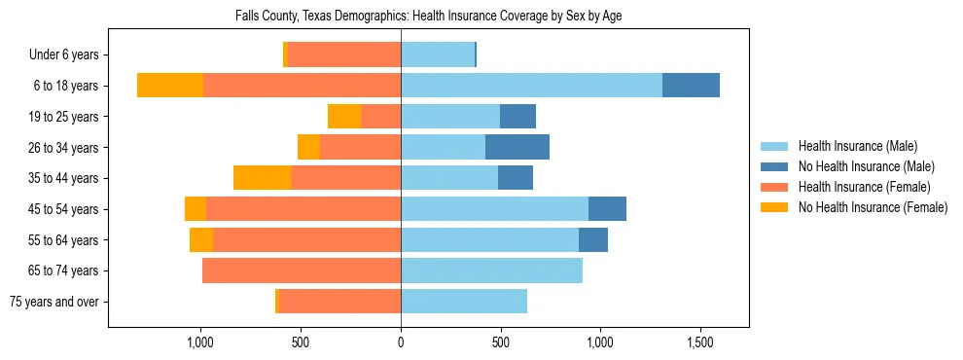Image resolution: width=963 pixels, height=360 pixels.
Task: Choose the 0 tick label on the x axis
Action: pyautogui.click(x=401, y=343)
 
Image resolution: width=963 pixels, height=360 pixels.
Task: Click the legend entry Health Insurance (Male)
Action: pyautogui.click(x=857, y=146)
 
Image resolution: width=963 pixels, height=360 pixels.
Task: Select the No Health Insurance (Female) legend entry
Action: pyautogui.click(x=872, y=207)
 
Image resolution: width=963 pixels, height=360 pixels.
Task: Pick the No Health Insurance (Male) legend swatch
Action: pyautogui.click(x=775, y=166)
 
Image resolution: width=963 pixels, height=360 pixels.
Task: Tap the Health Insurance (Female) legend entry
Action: pyautogui.click(x=863, y=187)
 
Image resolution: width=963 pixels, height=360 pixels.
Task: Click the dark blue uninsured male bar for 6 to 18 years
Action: pyautogui.click(x=691, y=86)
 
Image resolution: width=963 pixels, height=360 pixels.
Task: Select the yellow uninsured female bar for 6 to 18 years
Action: pyautogui.click(x=170, y=86)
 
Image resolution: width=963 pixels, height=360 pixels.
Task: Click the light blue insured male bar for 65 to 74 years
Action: pyautogui.click(x=491, y=270)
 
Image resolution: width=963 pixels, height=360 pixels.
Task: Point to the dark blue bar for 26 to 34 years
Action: pyautogui.click(x=517, y=147)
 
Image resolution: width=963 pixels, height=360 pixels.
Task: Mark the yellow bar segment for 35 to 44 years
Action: pyautogui.click(x=262, y=178)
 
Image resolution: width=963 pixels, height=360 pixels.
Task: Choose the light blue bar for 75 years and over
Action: pyautogui.click(x=464, y=302)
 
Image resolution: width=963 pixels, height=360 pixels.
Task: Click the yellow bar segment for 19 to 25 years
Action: pyautogui.click(x=344, y=117)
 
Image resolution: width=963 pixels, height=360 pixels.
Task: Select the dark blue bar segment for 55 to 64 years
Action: pyautogui.click(x=593, y=239)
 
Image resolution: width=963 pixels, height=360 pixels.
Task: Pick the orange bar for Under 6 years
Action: pyautogui.click(x=344, y=55)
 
